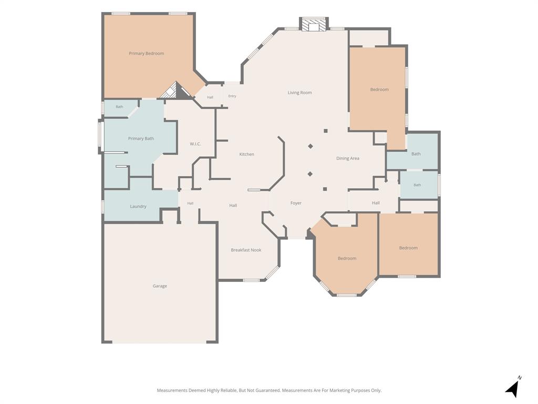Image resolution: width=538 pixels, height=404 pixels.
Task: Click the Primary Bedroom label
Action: (146, 53)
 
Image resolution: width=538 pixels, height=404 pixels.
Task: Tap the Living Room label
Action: (299, 93)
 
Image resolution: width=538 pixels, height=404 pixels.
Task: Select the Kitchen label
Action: (247, 154)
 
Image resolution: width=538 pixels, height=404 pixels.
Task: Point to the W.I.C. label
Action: (195, 144)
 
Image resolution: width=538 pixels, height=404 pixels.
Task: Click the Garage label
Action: (160, 286)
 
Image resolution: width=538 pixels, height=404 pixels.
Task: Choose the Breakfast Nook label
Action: (246, 250)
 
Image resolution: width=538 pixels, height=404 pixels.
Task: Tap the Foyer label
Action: (296, 203)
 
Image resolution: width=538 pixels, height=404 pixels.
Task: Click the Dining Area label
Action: (348, 158)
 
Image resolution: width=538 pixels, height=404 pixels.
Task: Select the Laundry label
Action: (138, 206)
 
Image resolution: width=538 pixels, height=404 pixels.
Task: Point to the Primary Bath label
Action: (141, 138)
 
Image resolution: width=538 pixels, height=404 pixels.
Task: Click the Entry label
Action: (232, 96)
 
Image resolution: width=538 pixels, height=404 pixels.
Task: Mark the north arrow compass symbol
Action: (513, 387)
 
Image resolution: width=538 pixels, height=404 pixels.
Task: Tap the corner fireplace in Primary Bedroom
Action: (176, 90)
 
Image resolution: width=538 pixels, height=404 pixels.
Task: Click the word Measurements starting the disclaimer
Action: (172, 390)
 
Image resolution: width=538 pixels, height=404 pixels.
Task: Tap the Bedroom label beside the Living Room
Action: (379, 89)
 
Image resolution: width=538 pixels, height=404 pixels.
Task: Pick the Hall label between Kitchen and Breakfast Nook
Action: (233, 206)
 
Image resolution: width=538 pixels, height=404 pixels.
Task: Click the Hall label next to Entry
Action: (210, 97)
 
